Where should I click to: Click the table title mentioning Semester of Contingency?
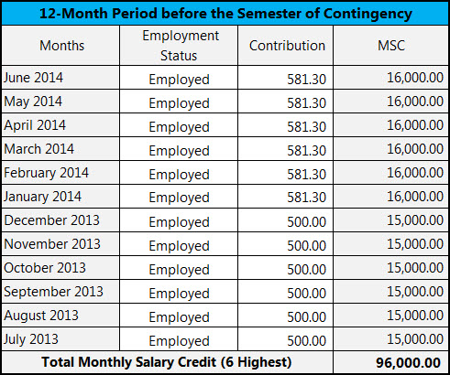[x=225, y=14]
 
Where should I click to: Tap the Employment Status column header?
[x=181, y=46]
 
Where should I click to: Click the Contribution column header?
[x=287, y=46]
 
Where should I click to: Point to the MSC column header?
[x=390, y=46]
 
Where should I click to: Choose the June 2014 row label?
[x=34, y=78]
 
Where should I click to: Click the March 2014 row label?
[x=39, y=149]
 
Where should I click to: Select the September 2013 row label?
[x=53, y=292]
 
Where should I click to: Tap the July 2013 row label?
[x=31, y=339]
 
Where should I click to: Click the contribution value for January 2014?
[x=305, y=197]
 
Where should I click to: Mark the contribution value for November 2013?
[x=306, y=244]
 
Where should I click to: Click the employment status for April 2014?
[x=180, y=125]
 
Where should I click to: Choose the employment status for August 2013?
[x=180, y=316]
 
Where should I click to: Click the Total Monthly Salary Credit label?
[x=167, y=362]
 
